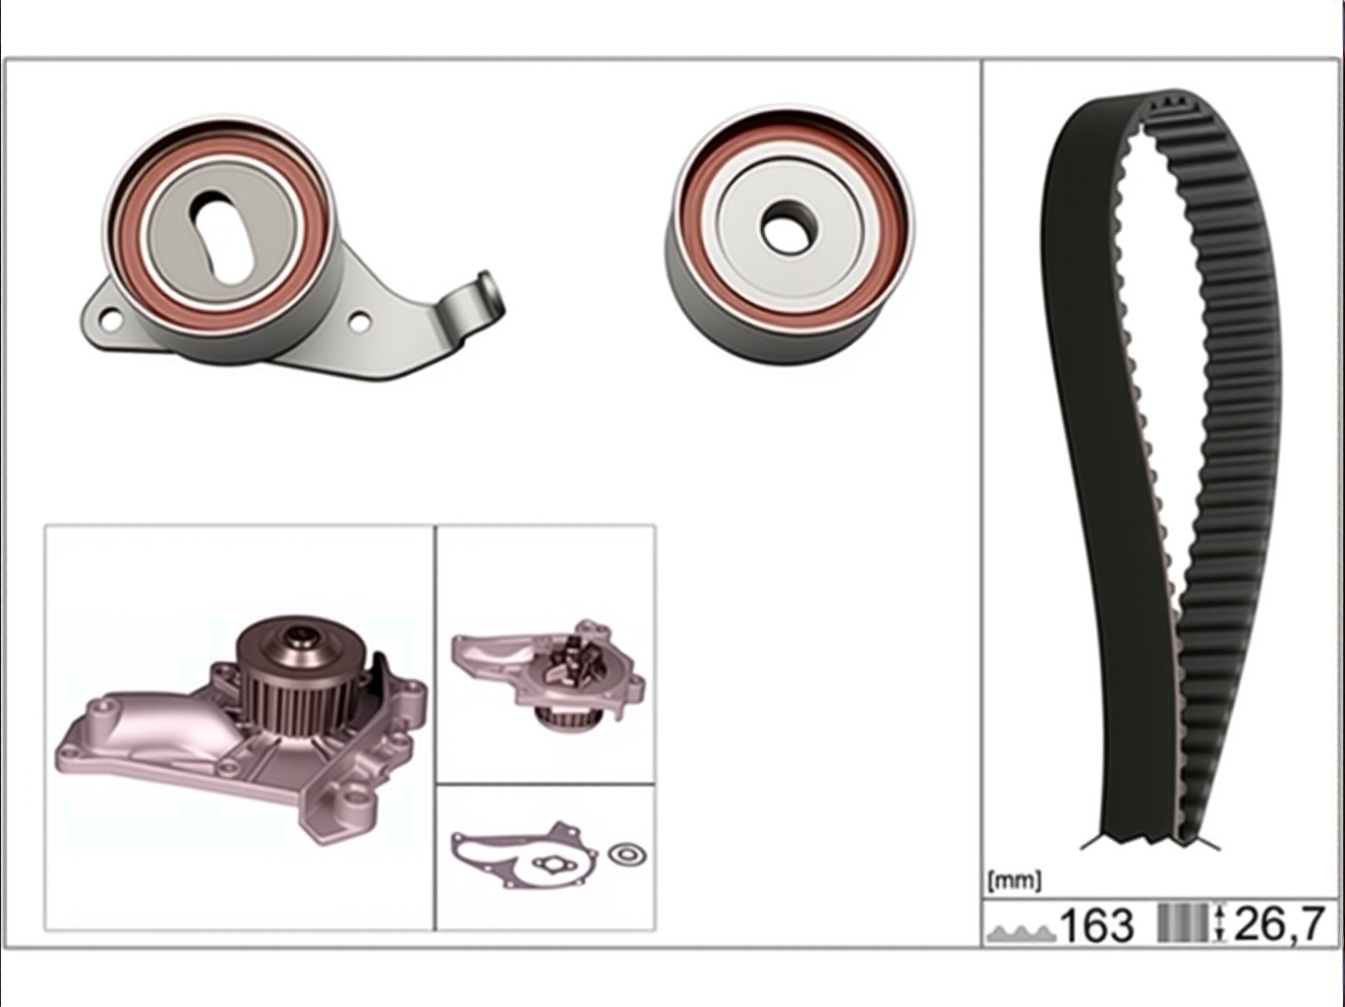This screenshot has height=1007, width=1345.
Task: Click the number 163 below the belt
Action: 1096,925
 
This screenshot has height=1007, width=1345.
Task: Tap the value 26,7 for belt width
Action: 1278,923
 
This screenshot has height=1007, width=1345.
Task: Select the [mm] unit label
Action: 1014,881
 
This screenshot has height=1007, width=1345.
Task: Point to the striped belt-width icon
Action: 1184,923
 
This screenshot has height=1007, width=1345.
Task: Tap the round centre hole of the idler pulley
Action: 789,226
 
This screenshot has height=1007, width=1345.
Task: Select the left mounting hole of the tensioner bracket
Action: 110,320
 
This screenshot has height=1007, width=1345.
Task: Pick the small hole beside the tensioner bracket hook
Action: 360,323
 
